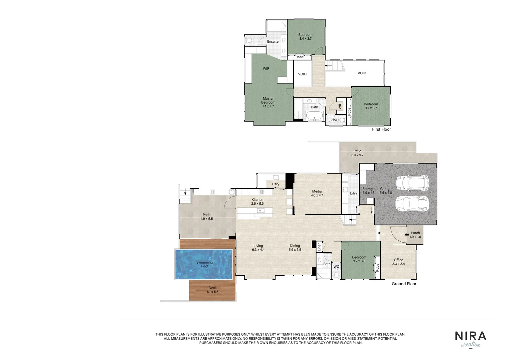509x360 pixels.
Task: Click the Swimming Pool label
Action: click(204, 264)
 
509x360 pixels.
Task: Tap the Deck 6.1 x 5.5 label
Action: click(213, 290)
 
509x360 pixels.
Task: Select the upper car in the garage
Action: click(412, 183)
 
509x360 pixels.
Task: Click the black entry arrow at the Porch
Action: click(407, 235)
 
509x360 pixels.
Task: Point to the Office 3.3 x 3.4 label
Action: click(398, 262)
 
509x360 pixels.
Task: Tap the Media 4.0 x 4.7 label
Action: click(317, 193)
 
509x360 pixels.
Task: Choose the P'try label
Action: click(275, 184)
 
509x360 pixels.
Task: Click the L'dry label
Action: click(353, 193)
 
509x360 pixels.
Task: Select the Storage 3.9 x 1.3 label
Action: click(368, 191)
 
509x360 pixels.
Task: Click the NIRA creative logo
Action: click(470, 339)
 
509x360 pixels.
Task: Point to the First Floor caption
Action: click(381, 129)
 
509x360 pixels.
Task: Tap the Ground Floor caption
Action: click(404, 284)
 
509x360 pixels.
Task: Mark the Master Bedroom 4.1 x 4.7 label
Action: click(268, 102)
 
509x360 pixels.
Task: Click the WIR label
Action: click(266, 69)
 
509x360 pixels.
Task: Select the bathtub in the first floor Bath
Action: click(314, 116)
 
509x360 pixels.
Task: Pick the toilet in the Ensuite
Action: click(249, 41)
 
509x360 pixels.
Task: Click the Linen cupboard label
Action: click(319, 247)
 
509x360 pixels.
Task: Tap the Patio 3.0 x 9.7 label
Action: click(357, 153)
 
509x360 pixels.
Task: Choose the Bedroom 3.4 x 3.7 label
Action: click(305, 37)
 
